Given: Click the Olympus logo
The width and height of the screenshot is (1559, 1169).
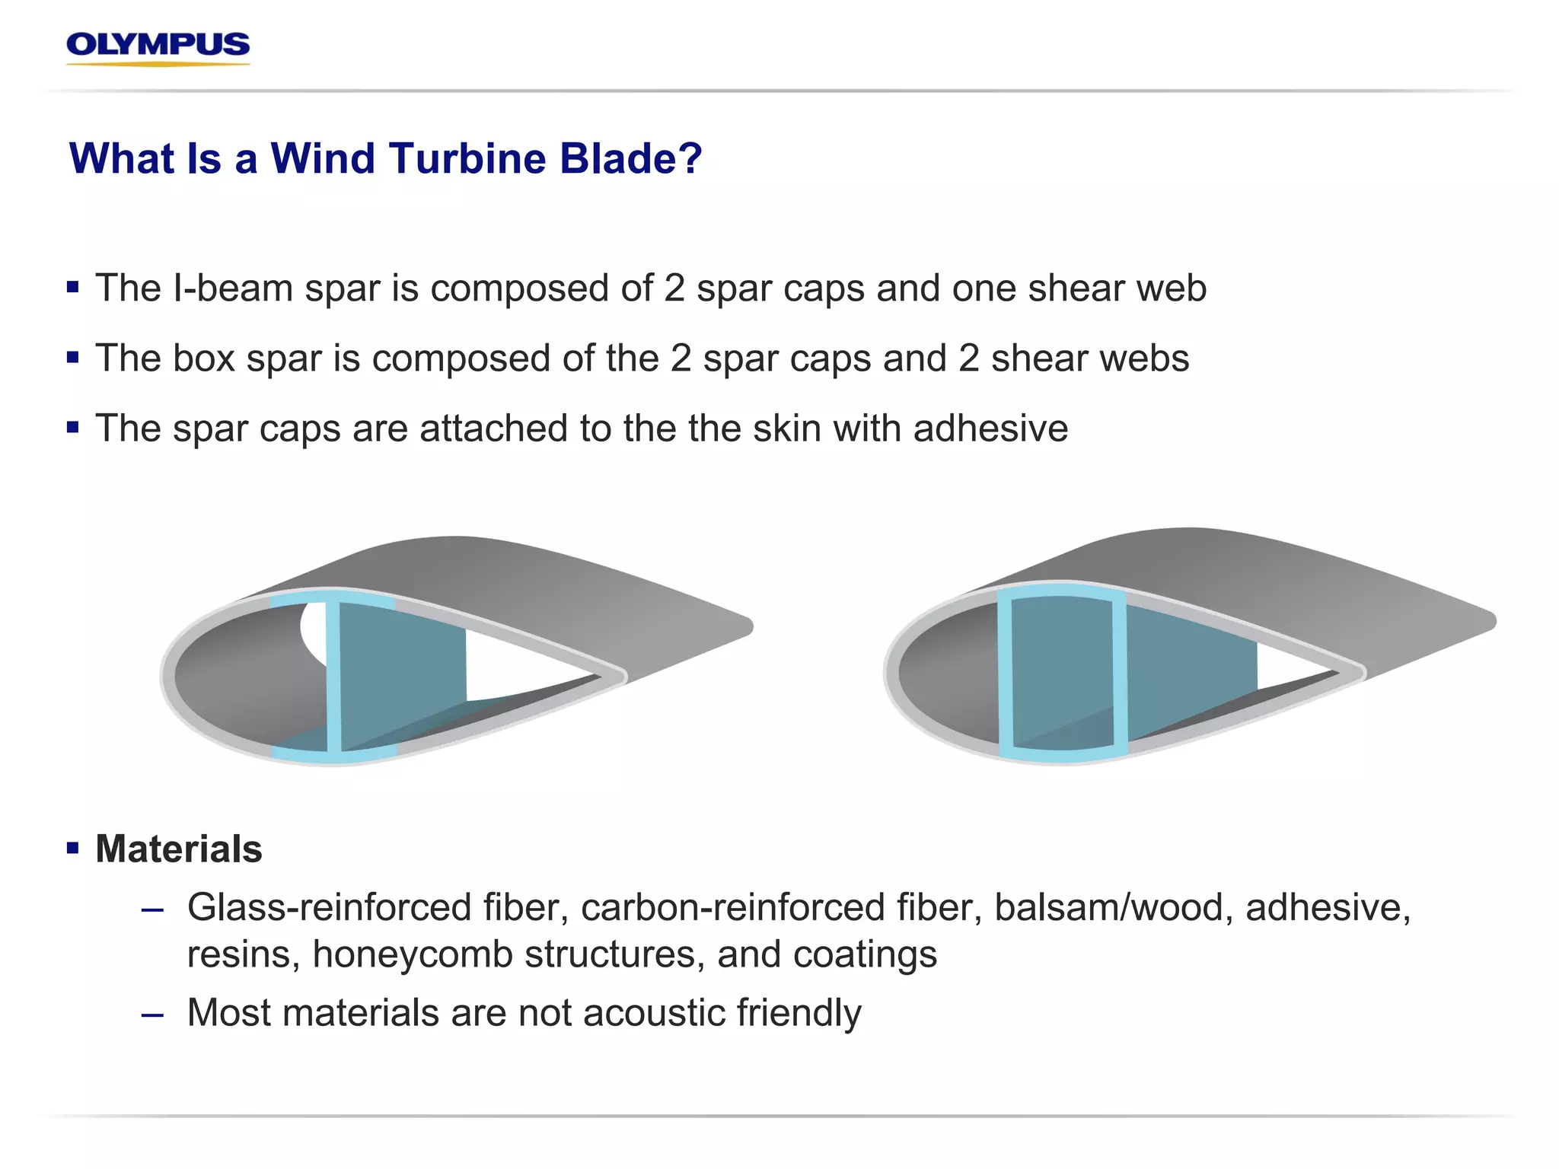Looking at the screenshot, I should [x=158, y=47].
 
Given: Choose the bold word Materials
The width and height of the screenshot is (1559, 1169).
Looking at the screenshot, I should [x=179, y=849].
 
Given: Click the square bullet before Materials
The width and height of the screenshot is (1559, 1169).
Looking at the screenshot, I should [x=73, y=848].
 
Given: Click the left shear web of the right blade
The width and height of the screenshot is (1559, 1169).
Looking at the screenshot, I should [x=1005, y=674].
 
